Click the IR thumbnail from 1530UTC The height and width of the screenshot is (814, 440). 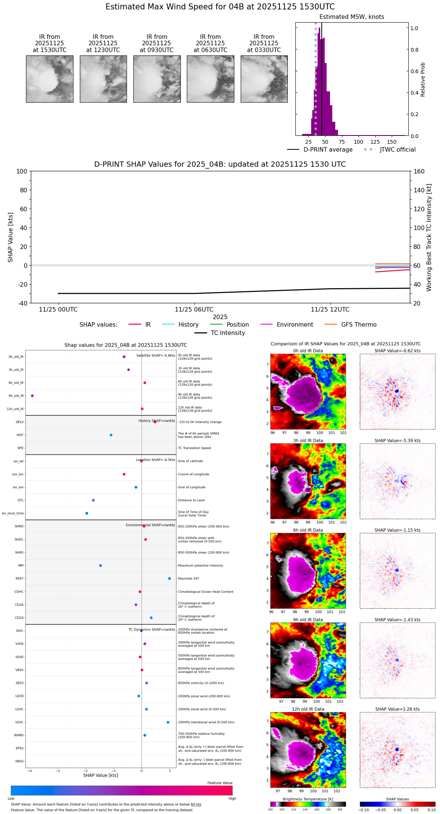(x=49, y=79)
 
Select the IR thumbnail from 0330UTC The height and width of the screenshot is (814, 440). (x=264, y=79)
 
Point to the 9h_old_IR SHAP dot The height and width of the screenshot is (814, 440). (x=32, y=396)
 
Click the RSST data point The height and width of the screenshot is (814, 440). (x=170, y=578)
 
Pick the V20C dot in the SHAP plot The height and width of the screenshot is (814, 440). (x=168, y=722)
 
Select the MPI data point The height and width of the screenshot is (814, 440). (x=101, y=565)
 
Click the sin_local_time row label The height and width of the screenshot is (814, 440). (x=13, y=513)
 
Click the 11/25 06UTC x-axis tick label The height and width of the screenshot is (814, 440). (x=194, y=310)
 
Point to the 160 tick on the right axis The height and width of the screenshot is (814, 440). (x=419, y=171)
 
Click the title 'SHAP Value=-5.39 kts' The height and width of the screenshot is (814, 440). (x=397, y=441)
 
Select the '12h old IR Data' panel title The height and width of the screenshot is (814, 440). (x=308, y=709)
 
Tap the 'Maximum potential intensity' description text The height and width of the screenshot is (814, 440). (x=200, y=565)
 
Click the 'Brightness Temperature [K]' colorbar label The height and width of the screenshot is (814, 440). (x=308, y=799)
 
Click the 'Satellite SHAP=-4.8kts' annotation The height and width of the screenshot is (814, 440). (x=156, y=355)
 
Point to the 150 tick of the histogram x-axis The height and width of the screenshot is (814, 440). (x=392, y=142)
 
